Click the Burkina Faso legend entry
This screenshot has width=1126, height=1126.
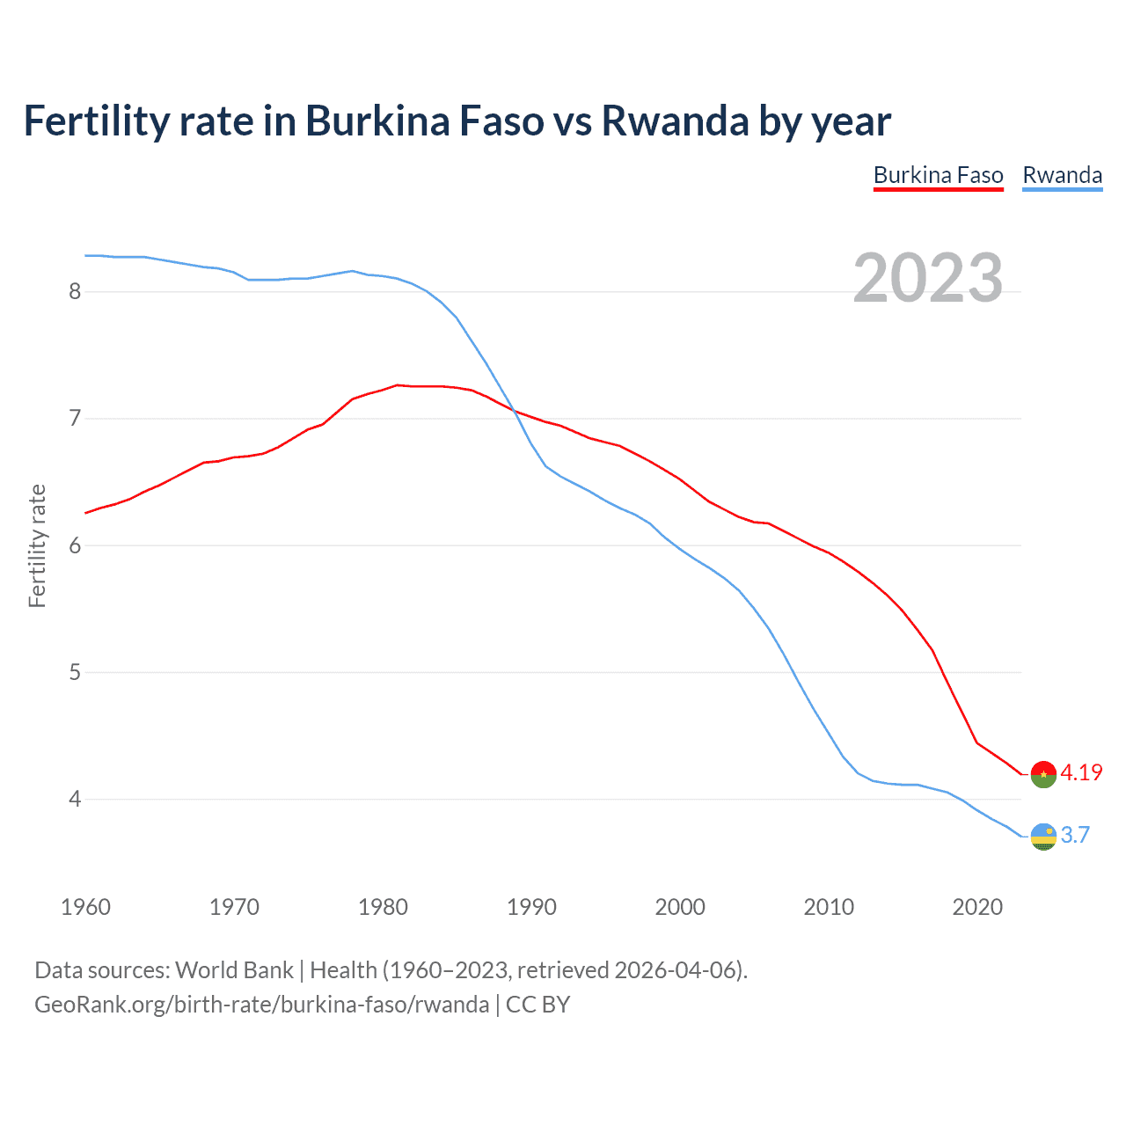(x=938, y=176)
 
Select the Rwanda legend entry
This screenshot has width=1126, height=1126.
(x=1062, y=176)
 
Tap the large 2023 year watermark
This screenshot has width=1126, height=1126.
(x=927, y=278)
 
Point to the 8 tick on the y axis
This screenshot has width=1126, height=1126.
(x=75, y=291)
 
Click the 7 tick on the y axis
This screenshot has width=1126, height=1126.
(x=75, y=418)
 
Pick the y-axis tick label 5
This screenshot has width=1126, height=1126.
(x=75, y=673)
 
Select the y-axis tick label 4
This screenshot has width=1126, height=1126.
(x=75, y=800)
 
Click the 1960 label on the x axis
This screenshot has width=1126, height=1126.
(x=85, y=907)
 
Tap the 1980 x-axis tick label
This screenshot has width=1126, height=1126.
(x=383, y=907)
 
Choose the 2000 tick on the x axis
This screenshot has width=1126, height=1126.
(x=680, y=907)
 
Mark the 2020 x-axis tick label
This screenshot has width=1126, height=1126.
(x=977, y=907)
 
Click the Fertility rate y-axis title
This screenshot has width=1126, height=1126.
(x=37, y=545)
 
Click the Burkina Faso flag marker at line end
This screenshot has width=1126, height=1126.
(x=1043, y=774)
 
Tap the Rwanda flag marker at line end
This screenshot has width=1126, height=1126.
(x=1043, y=837)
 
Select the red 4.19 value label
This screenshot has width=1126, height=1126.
(x=1081, y=772)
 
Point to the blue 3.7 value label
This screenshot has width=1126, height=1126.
(x=1075, y=835)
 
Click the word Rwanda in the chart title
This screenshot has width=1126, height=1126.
(x=675, y=121)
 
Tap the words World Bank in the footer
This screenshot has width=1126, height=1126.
(x=234, y=970)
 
